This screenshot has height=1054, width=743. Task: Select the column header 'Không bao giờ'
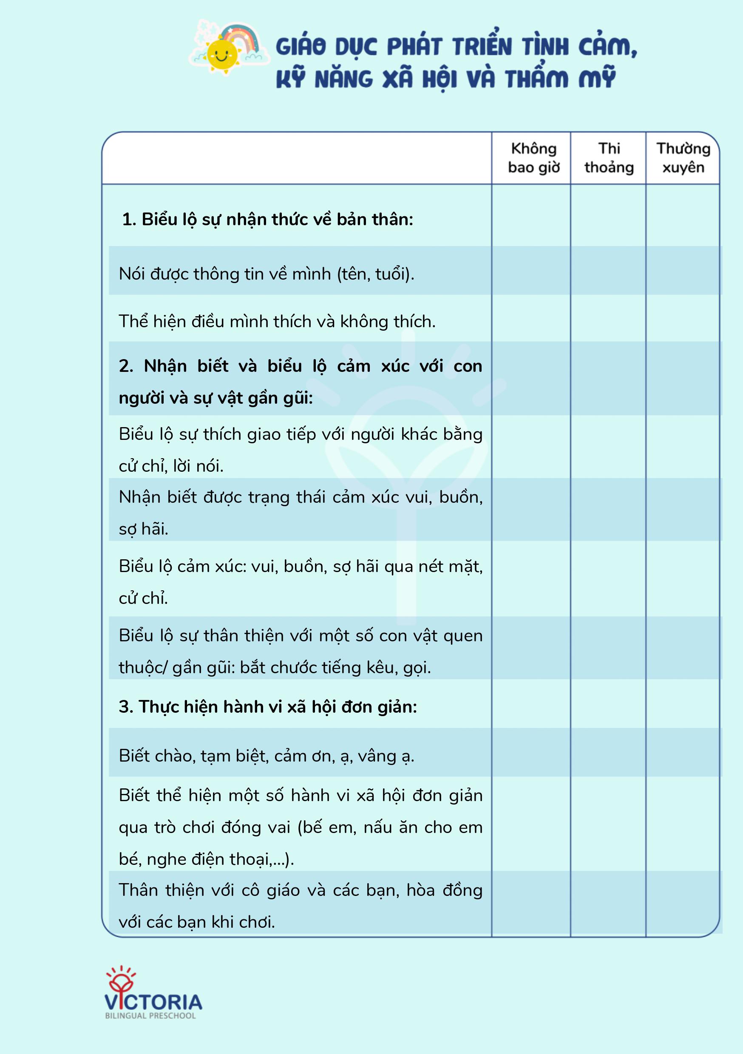[533, 158]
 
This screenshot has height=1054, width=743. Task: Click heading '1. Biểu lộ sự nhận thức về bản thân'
[267, 219]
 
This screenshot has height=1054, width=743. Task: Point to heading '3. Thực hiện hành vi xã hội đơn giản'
[267, 706]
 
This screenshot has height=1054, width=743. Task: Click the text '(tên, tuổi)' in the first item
[375, 274]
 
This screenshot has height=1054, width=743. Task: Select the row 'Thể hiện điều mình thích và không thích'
[277, 321]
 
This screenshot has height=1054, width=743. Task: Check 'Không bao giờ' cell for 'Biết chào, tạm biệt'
[531, 752]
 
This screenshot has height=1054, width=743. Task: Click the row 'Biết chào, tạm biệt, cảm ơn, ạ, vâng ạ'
[267, 756]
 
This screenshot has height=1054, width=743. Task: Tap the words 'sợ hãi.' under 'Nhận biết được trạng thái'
[143, 529]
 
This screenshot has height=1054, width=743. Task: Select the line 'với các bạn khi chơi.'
[196, 922]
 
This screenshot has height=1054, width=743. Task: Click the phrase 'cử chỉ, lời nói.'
[171, 466]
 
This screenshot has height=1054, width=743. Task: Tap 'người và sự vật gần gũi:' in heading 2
[216, 397]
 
